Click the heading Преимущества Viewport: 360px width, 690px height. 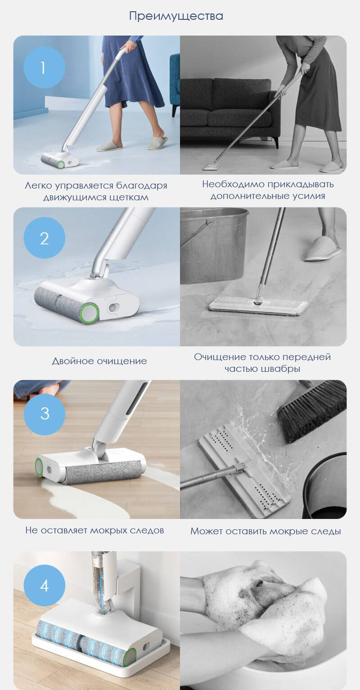tap(176, 16)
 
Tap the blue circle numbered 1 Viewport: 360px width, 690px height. tap(44, 68)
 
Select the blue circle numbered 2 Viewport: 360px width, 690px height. tap(44, 238)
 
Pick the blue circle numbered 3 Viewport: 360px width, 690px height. tap(44, 413)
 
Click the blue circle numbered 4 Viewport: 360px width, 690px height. tap(44, 586)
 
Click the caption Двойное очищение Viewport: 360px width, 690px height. tap(99, 361)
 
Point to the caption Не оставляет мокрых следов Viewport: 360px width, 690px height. tap(94, 530)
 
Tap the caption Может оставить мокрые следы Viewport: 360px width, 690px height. tap(265, 531)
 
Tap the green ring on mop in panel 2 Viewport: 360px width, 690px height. tap(90, 312)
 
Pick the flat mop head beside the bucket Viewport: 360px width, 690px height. tap(258, 305)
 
